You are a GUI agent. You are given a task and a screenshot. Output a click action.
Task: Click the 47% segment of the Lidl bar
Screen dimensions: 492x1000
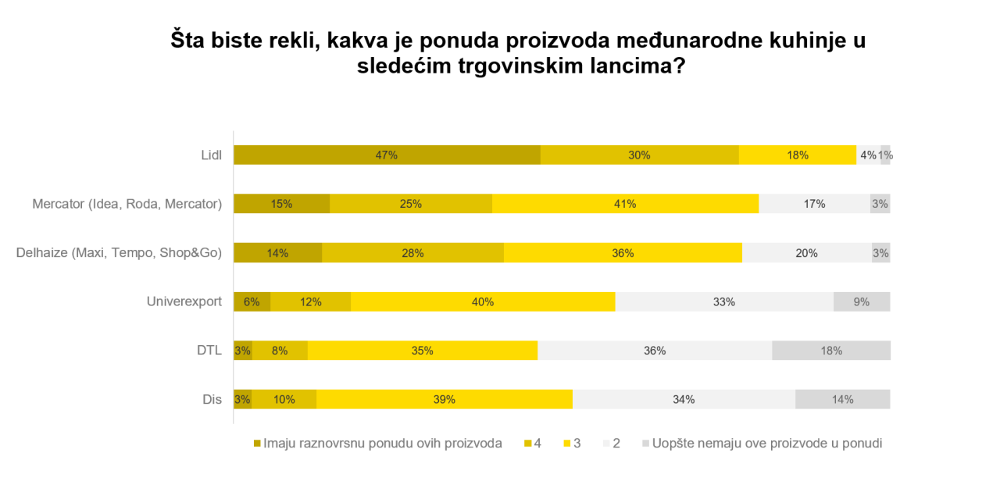[387, 155]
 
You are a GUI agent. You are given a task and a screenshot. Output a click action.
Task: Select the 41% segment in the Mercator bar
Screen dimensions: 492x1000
[625, 204]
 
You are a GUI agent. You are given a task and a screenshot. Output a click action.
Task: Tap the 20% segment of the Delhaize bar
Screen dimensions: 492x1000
[806, 253]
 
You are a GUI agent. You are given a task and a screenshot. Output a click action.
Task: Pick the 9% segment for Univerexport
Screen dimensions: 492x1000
[862, 301]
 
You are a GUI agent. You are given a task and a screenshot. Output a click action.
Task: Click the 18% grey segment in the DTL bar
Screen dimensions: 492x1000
[831, 351]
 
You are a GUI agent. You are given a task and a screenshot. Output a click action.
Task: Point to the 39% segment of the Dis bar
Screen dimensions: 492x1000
[445, 399]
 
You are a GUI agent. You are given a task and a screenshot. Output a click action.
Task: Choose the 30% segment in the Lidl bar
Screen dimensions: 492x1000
[639, 155]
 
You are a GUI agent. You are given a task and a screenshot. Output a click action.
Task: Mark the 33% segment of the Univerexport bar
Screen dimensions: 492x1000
[724, 301]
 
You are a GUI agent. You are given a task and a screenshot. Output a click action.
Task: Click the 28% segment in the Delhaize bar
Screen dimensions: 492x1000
[412, 253]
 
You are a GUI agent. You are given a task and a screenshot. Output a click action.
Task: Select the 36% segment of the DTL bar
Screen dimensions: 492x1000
[655, 351]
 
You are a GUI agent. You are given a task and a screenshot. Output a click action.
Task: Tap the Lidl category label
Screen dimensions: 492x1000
[211, 155]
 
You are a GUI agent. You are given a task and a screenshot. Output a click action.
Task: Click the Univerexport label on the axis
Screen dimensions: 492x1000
[184, 301]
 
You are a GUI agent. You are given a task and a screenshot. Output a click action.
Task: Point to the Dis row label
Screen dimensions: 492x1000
[212, 399]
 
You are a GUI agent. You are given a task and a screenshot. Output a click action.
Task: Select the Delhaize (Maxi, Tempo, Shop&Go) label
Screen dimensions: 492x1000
[120, 253]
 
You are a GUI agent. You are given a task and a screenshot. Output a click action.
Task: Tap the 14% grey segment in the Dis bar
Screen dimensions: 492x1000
[842, 399]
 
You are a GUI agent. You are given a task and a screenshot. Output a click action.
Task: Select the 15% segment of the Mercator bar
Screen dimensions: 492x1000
[281, 204]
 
